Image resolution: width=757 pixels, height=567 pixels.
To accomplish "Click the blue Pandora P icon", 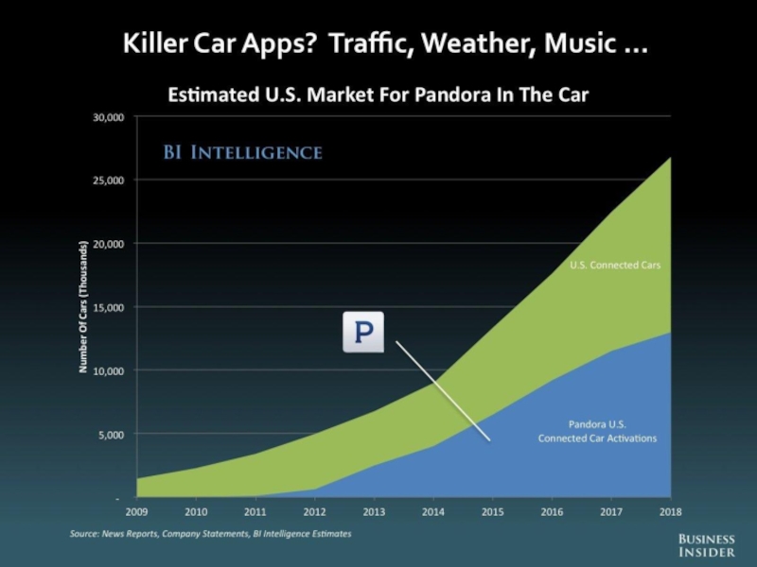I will [362, 333].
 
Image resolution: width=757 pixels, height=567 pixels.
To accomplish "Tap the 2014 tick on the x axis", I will [433, 512].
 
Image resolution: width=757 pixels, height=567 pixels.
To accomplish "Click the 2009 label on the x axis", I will [136, 512].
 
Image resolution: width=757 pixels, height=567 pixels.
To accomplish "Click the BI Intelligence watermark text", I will [242, 152].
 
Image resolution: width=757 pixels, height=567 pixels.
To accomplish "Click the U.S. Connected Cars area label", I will [614, 266].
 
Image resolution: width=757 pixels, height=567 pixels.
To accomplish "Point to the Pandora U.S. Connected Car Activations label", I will [597, 431].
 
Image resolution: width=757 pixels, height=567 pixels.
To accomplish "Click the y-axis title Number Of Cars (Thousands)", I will [82, 307].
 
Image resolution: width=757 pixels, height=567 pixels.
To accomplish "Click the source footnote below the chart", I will [210, 534].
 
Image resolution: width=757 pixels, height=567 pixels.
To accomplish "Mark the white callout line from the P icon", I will [442, 390].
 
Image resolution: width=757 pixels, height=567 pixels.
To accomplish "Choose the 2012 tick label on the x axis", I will [315, 512].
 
